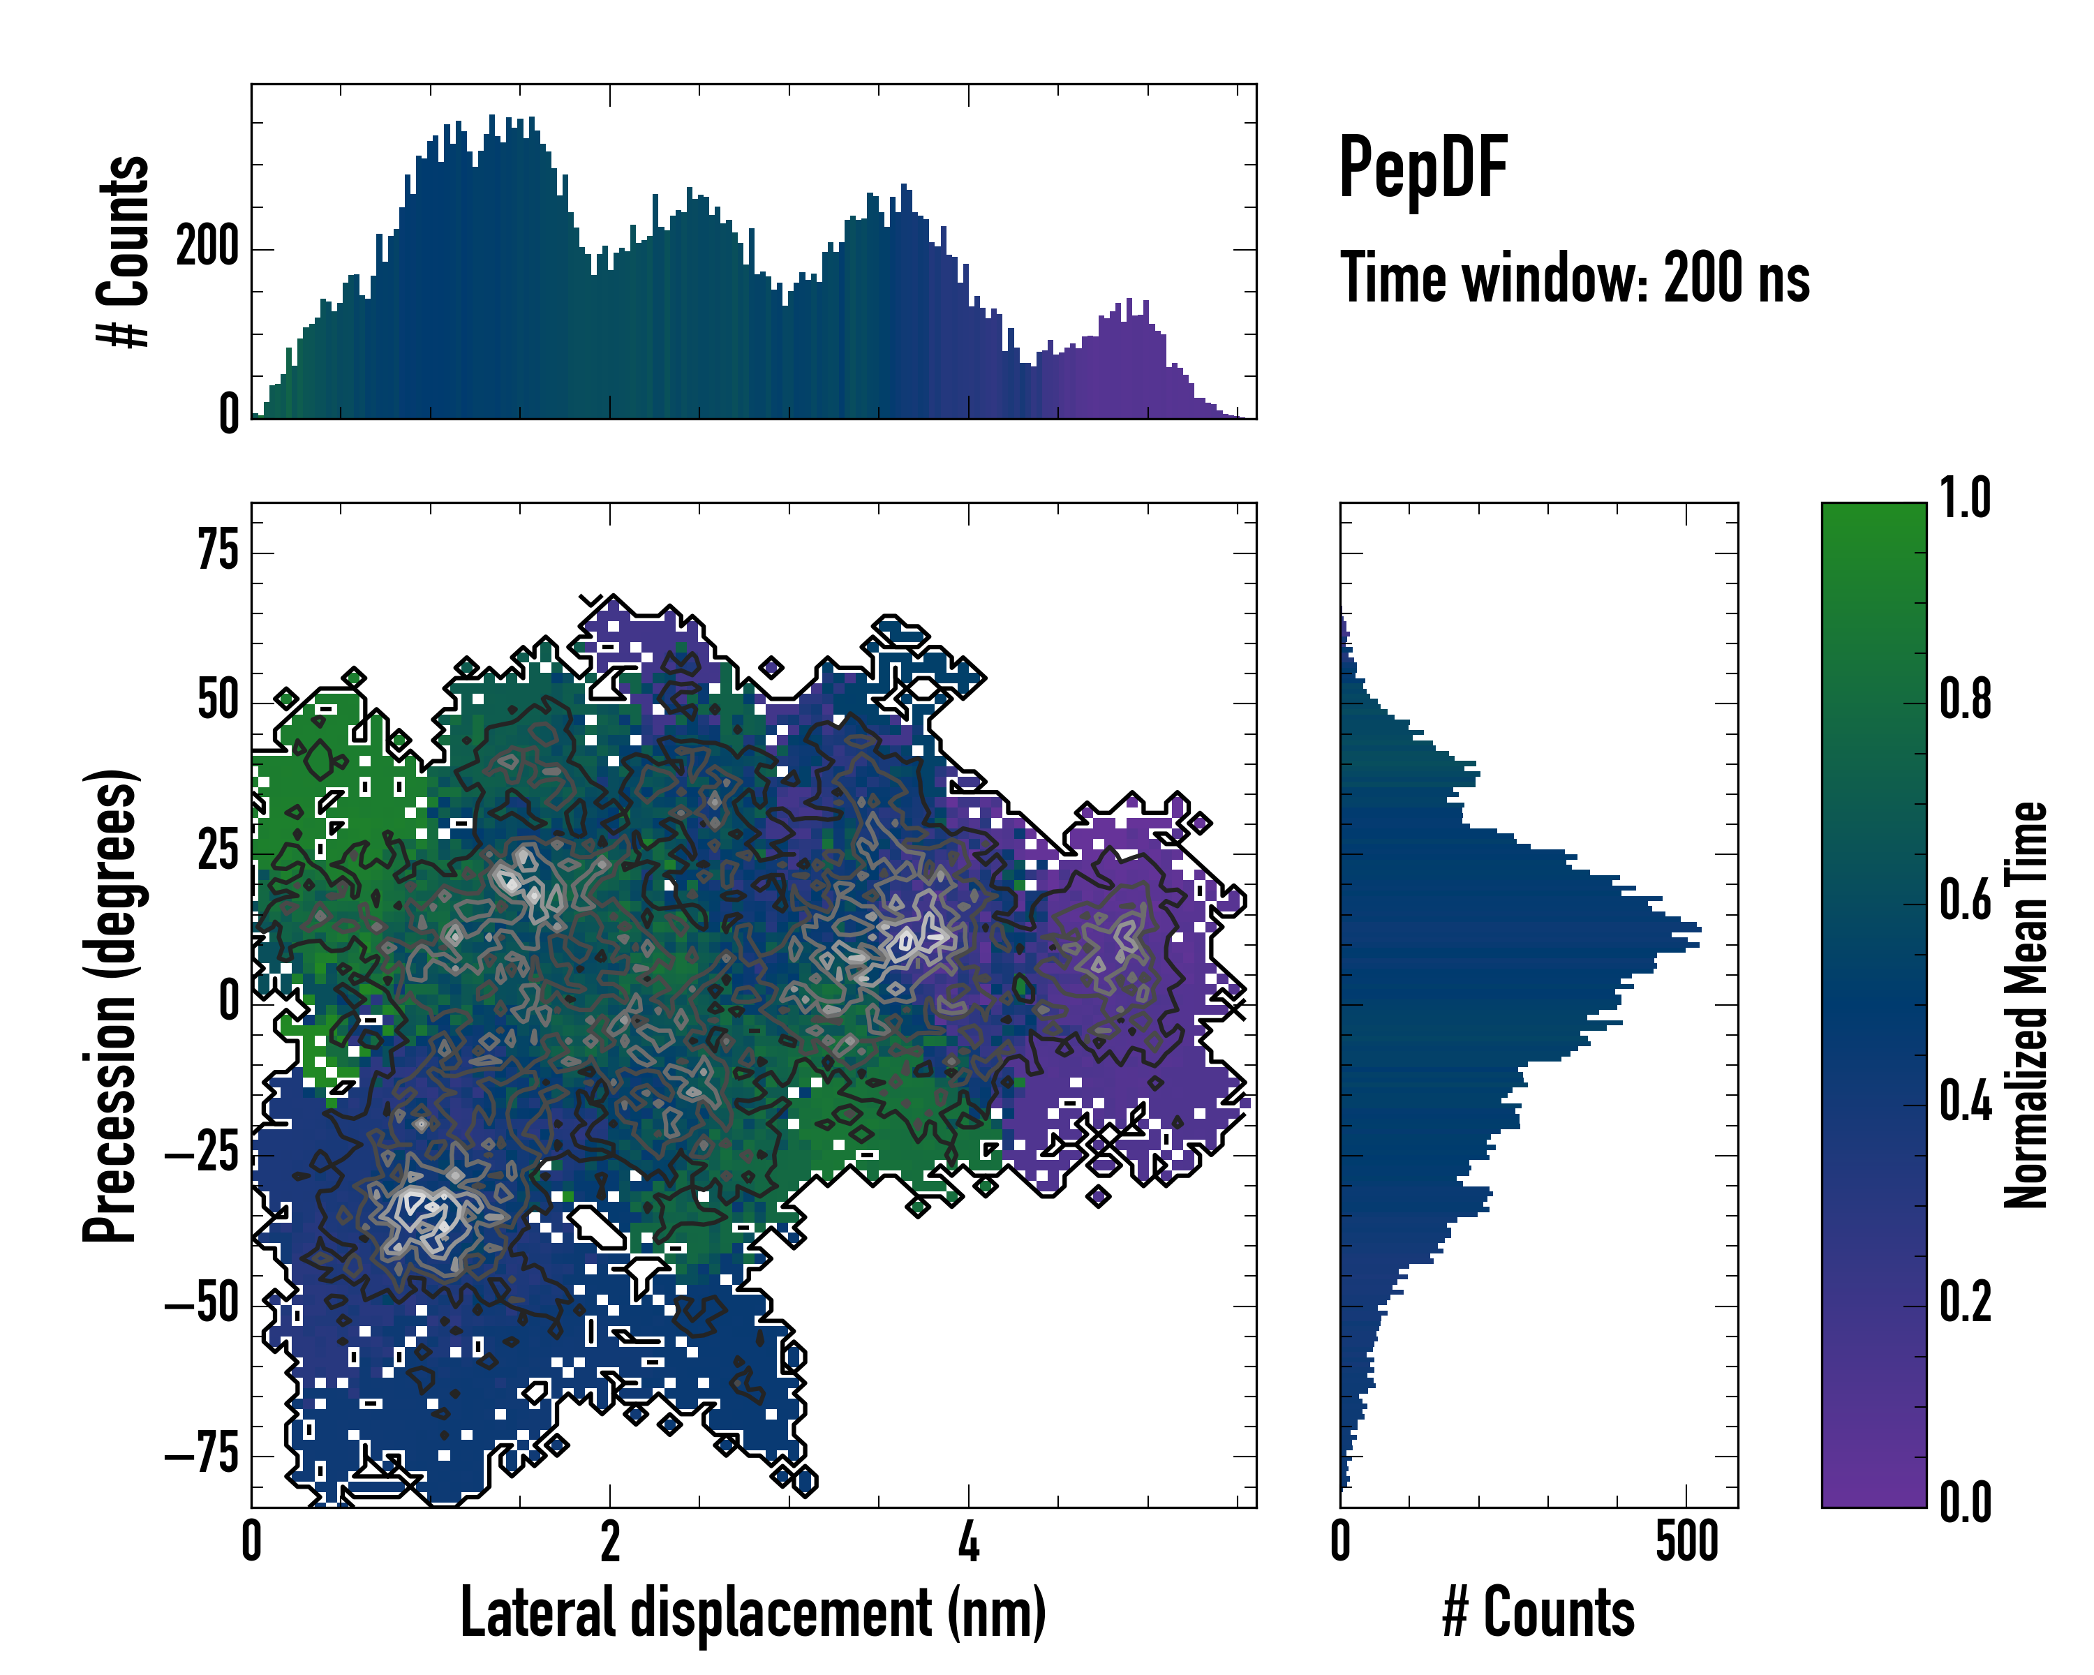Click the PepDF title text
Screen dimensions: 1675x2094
[1422, 169]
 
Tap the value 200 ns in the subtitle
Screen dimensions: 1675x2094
[1737, 278]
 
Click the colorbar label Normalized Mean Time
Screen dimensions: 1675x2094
[2026, 1004]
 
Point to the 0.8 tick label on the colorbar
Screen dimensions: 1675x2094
[1965, 699]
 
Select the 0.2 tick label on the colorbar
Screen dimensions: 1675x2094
[1965, 1301]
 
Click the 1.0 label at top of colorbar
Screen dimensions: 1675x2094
[1965, 498]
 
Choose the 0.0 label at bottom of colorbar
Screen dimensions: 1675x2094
[1965, 1502]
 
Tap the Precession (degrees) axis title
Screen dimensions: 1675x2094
[109, 1005]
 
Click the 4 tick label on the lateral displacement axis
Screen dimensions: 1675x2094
[968, 1542]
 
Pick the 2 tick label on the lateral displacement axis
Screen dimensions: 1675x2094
[610, 1542]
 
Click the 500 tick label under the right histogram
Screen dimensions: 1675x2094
[1687, 1542]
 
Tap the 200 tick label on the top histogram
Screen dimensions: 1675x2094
[207, 248]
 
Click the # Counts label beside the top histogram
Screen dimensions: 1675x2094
[124, 251]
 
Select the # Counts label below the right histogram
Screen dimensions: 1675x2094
[1538, 1612]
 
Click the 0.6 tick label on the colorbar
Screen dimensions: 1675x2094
[1965, 900]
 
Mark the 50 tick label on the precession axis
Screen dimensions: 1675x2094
[218, 701]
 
